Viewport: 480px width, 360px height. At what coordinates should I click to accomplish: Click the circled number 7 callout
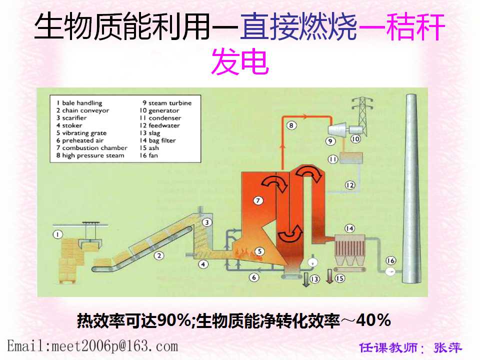pos(258,200)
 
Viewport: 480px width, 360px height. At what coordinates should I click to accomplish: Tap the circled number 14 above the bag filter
pos(349,228)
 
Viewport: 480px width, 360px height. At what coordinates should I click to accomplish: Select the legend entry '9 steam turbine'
pos(167,103)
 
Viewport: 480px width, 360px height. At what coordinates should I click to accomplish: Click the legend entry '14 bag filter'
pos(157,140)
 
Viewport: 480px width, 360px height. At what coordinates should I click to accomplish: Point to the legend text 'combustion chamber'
pos(95,148)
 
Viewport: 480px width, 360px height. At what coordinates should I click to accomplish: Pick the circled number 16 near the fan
pos(390,260)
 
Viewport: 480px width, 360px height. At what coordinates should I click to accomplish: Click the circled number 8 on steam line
pos(291,125)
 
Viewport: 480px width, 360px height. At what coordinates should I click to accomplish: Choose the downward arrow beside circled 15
pos(329,276)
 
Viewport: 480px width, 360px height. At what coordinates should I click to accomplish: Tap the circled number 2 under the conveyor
pos(159,255)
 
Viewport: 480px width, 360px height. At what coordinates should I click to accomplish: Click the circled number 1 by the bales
pos(58,234)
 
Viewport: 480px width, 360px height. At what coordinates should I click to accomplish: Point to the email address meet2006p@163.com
pos(92,346)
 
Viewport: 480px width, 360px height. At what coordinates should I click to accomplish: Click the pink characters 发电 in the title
pos(240,62)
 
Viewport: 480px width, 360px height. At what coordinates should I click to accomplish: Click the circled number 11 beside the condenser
pos(333,159)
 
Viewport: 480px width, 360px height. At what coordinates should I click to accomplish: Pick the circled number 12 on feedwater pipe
pos(350,185)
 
